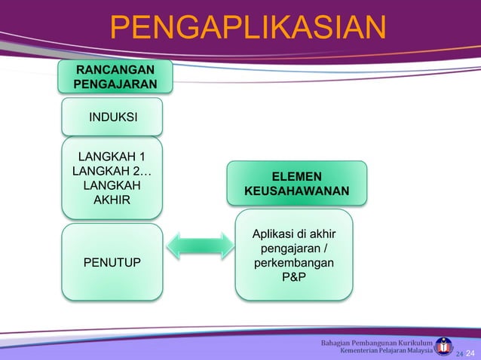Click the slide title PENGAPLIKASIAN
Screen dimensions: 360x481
(x=248, y=29)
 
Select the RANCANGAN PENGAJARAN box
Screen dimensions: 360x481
(x=116, y=77)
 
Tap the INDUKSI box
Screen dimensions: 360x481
(x=112, y=117)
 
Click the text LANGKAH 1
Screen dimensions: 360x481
(x=112, y=157)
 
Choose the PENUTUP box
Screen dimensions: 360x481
(x=112, y=261)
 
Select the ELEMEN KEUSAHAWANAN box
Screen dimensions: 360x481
(x=297, y=183)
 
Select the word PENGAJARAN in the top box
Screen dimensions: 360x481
(x=116, y=84)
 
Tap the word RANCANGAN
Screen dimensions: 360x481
(x=116, y=69)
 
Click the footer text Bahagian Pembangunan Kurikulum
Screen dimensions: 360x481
(x=376, y=343)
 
